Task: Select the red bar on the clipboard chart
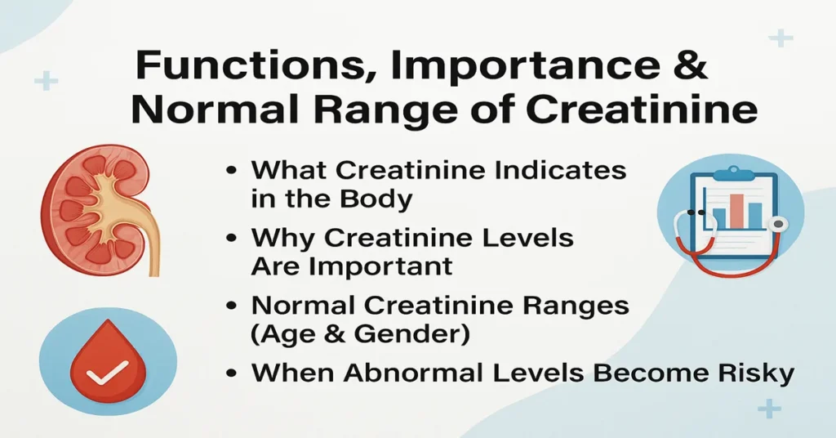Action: point(736,211)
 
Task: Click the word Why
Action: point(282,239)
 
